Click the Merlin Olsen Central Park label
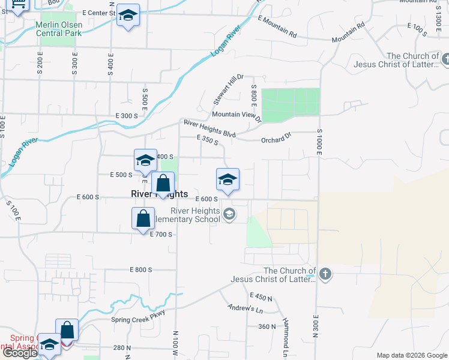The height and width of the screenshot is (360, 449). (x=58, y=28)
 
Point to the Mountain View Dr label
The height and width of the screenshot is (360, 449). (x=237, y=115)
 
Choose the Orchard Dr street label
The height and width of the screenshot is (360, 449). (x=276, y=140)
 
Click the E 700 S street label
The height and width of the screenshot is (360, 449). (x=161, y=234)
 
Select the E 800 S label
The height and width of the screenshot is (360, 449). (x=140, y=270)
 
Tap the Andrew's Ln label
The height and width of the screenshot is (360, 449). (x=246, y=308)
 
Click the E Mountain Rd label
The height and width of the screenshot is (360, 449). (x=277, y=27)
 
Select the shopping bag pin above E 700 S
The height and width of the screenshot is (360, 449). (x=143, y=218)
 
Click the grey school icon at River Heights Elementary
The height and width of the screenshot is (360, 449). (x=229, y=214)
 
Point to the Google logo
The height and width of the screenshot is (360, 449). (x=20, y=353)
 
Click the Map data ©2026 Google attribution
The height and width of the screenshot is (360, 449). (x=411, y=355)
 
